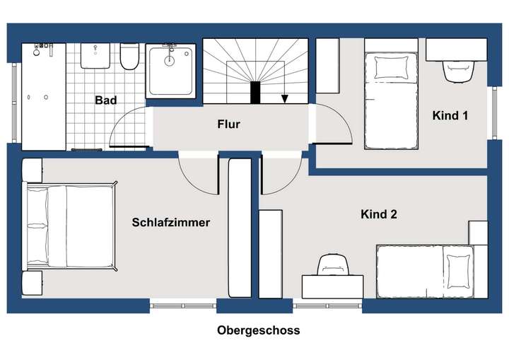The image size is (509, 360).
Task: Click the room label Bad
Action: pos(106,100)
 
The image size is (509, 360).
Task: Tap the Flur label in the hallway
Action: pos(228,124)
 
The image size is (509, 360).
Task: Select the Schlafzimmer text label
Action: pos(171,222)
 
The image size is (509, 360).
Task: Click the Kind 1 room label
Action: pos(450,115)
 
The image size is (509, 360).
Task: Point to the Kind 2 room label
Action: pos(378,214)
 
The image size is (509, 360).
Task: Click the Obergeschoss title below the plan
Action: pos(259,330)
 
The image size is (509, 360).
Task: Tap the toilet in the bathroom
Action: pos(129,57)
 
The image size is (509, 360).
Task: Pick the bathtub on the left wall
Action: pos(42,95)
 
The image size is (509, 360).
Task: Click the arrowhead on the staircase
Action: pos(284,99)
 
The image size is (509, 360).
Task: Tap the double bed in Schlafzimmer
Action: pos(71,226)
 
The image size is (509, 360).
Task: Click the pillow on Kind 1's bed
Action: pos(387,68)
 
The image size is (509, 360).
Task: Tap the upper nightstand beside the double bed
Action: pos(33,170)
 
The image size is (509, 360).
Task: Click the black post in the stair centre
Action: pos(255,93)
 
